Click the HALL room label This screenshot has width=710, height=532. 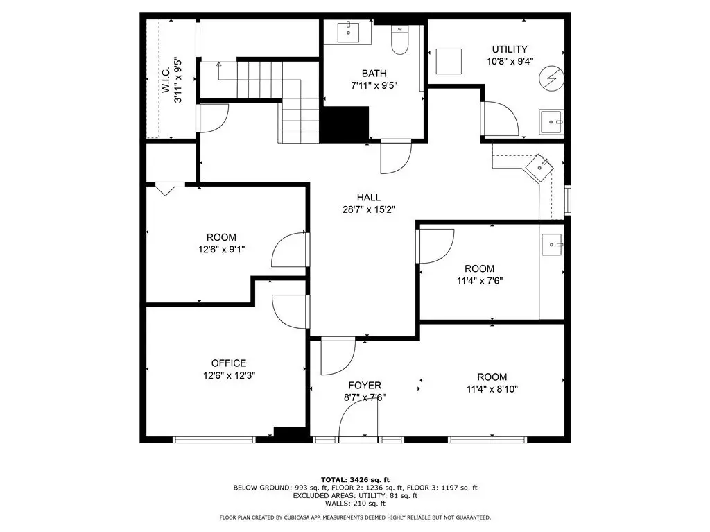point(369,198)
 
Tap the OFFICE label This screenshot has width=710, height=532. point(229,363)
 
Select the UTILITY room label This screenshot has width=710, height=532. point(510,49)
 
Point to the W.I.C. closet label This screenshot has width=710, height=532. point(166,80)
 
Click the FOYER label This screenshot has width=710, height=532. point(365,386)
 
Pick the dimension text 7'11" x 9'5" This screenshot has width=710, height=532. point(374,85)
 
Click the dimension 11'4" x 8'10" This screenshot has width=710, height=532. point(492,389)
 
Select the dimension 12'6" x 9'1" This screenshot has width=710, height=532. point(221,249)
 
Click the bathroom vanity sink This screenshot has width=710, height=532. point(348,33)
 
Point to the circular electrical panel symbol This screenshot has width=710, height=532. point(551,78)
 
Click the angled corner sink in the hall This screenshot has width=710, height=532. point(539,167)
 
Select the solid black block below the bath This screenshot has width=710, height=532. point(345,124)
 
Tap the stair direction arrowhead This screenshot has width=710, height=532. point(218,64)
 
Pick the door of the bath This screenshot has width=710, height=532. point(396,157)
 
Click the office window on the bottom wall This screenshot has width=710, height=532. point(214,439)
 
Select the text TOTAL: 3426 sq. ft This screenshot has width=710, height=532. point(355,479)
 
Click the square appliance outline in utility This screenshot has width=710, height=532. point(449,61)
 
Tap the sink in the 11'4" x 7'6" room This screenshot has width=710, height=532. point(552,245)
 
